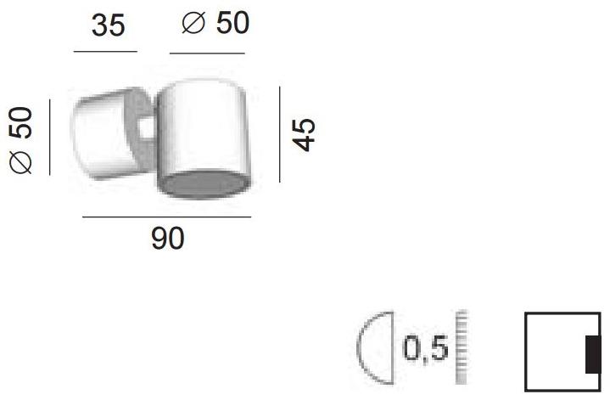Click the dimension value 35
pyautogui.click(x=108, y=25)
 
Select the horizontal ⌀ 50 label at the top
pyautogui.click(x=215, y=24)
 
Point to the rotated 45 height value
pyautogui.click(x=303, y=134)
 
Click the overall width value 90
pyautogui.click(x=167, y=239)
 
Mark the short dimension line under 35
pyautogui.click(x=105, y=52)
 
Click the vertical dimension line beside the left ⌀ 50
pyautogui.click(x=49, y=138)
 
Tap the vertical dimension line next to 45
pyautogui.click(x=280, y=134)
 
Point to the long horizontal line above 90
pyautogui.click(x=167, y=217)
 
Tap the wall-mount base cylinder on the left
pyautogui.click(x=102, y=136)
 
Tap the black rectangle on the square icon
pyautogui.click(x=593, y=354)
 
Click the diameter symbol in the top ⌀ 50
pyautogui.click(x=193, y=25)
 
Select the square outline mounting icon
pyautogui.click(x=562, y=352)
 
